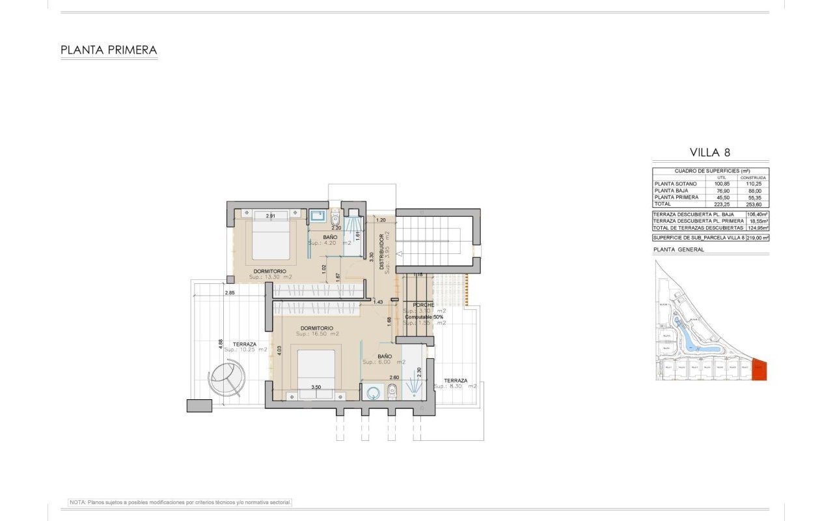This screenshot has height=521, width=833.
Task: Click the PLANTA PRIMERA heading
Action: tap(109, 49)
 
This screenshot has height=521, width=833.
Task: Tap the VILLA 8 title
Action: tap(710, 152)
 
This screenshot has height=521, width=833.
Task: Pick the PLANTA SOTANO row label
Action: tap(676, 184)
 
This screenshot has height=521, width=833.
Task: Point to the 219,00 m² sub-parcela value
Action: tap(758, 238)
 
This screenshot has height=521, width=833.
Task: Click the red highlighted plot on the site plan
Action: tap(759, 370)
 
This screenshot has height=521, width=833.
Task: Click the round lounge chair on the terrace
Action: tap(226, 378)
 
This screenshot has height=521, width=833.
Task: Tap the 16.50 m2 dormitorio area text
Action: tap(317, 334)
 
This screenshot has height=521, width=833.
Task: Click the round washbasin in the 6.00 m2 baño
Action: tap(373, 393)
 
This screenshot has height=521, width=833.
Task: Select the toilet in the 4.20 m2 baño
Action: tap(335, 219)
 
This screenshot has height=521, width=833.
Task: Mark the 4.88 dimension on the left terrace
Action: tap(221, 343)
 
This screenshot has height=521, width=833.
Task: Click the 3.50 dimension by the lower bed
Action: tap(316, 387)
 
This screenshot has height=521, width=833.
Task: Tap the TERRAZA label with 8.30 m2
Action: tap(456, 380)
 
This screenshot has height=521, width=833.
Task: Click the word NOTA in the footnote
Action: tap(77, 502)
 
